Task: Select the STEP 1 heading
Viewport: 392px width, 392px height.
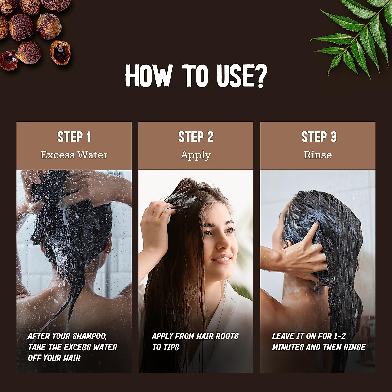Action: tap(74, 137)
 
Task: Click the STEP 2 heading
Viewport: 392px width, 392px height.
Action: tap(196, 137)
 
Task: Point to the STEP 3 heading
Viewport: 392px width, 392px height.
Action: tap(319, 137)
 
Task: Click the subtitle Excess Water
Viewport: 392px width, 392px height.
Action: tap(74, 155)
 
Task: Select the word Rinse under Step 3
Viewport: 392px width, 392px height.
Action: tap(318, 155)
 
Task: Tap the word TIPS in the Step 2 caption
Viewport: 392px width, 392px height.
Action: tap(171, 347)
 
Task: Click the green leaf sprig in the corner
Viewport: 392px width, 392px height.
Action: tap(356, 36)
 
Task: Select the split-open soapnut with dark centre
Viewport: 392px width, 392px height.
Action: tap(60, 52)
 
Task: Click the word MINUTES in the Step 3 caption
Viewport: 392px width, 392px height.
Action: tap(288, 347)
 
